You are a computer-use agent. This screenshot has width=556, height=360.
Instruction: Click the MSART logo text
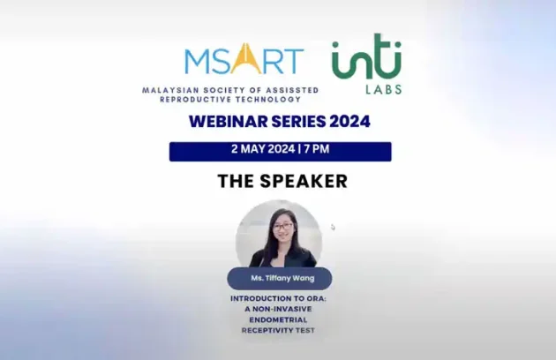[x=244, y=61]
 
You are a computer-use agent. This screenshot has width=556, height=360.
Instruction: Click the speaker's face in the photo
[x=282, y=228]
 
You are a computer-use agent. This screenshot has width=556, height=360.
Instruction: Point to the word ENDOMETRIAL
[x=279, y=319]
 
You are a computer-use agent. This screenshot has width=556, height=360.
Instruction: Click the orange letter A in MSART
[x=244, y=60]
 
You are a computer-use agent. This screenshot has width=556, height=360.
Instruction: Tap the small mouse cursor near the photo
[x=333, y=227]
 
